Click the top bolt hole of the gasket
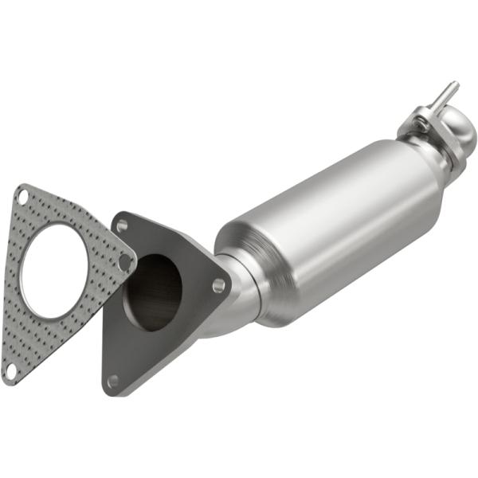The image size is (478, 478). click(x=23, y=195)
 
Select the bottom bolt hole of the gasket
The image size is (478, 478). click(x=10, y=371)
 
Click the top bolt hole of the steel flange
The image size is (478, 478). click(x=122, y=226)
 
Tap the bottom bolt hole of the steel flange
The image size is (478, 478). click(x=113, y=380)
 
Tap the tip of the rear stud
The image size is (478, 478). click(x=454, y=84)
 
